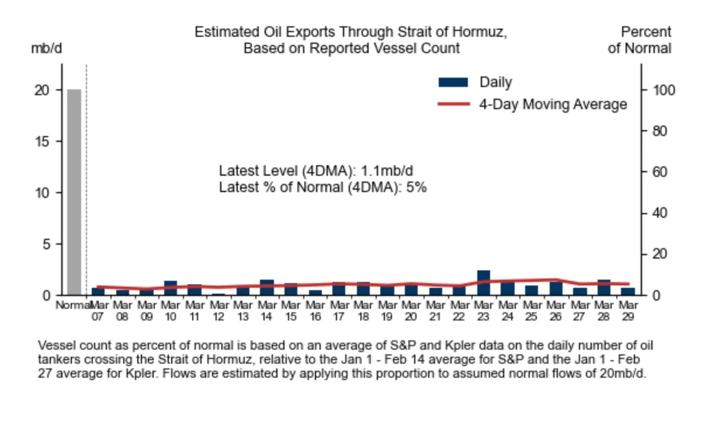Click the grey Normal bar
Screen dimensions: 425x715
pos(74,193)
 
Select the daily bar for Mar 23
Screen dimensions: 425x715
pos(483,283)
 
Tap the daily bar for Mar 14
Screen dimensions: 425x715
pos(267,288)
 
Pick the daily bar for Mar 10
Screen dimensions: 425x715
pos(170,288)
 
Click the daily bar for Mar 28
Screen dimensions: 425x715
pos(603,288)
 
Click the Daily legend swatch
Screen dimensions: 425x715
pos(453,83)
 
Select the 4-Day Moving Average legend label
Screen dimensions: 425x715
pos(553,104)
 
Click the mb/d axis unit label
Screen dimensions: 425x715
pos(46,48)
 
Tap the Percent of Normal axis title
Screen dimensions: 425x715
pos(640,40)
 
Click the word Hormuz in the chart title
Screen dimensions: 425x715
pos(477,32)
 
